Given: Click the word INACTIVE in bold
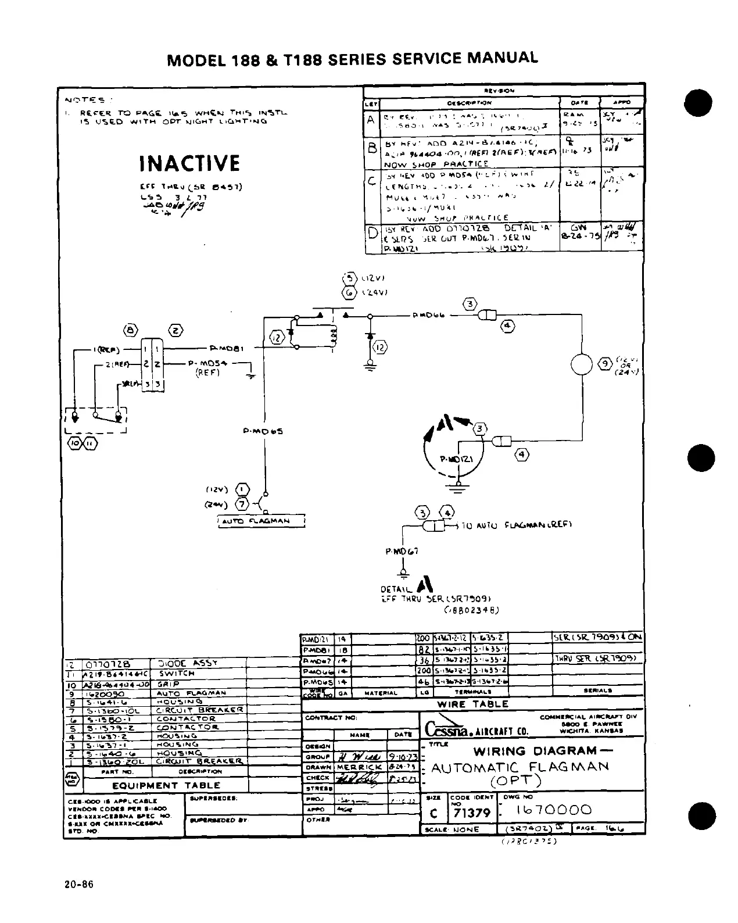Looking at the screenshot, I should click(x=189, y=163).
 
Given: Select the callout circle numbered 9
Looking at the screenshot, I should click(x=604, y=364).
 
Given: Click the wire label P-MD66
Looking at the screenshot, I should click(x=428, y=316).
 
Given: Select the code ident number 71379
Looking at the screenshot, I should click(x=472, y=813).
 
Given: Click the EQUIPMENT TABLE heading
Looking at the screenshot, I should click(x=153, y=785).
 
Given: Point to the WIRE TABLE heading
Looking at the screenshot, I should click(x=473, y=704).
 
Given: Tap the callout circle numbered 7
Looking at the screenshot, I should click(x=242, y=503).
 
